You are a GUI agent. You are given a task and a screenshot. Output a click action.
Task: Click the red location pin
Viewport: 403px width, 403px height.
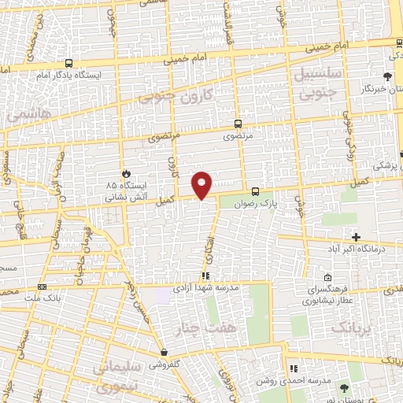pyautogui.click(x=203, y=183)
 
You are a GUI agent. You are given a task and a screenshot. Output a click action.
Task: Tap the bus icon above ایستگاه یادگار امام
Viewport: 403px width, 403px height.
pyautogui.click(x=69, y=63)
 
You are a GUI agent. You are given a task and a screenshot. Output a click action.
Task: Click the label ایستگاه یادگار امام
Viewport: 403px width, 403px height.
pyautogui.click(x=58, y=75)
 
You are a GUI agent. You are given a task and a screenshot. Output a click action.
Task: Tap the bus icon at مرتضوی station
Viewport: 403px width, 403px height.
pyautogui.click(x=238, y=124)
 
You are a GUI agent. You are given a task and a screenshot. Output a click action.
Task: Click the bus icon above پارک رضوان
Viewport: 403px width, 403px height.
pyautogui.click(x=255, y=190)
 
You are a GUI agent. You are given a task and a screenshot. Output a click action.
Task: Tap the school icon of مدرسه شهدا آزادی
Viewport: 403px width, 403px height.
pyautogui.click(x=205, y=275)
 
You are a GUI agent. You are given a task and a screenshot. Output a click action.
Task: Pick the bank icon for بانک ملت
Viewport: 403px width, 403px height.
pyautogui.click(x=42, y=287)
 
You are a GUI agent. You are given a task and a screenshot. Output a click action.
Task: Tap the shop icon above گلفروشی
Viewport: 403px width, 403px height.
pyautogui.click(x=164, y=353)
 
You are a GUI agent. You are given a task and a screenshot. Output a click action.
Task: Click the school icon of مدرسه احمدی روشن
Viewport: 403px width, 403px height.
pyautogui.click(x=293, y=368)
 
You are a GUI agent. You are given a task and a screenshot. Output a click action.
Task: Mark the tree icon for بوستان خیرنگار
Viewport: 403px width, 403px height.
pyautogui.click(x=386, y=76)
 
